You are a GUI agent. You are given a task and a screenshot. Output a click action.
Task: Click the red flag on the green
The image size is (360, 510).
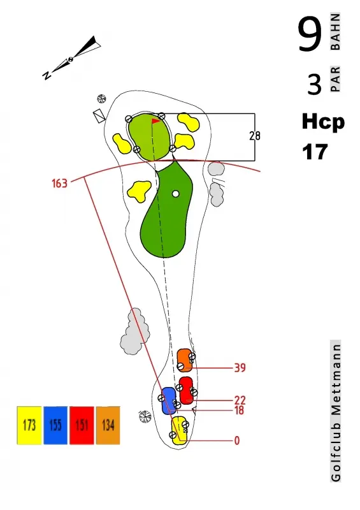click(x=155, y=121)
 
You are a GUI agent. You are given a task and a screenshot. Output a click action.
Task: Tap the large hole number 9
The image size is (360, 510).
click(x=310, y=35)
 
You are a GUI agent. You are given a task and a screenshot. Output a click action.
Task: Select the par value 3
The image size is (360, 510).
click(x=314, y=84)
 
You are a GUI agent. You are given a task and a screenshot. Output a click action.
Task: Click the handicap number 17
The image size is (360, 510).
click(x=315, y=152)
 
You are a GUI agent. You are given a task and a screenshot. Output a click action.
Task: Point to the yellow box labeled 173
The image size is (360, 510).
click(x=29, y=425)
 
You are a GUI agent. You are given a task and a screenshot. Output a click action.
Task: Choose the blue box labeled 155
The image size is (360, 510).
click(x=55, y=425)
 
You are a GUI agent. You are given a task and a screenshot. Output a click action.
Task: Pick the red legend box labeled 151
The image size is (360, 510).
click(x=82, y=425)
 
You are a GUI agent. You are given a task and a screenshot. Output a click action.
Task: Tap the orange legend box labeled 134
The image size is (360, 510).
click(x=108, y=425)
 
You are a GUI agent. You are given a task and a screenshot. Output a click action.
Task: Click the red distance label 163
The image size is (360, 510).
click(x=59, y=184)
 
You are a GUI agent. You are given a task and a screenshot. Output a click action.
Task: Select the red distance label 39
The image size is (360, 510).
click(x=240, y=368)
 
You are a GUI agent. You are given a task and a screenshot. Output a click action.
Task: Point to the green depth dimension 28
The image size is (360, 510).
click(x=255, y=136)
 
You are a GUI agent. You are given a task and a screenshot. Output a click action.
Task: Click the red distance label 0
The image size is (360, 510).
click(x=237, y=441)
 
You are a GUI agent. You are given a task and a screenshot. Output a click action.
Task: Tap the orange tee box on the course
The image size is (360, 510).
click(x=185, y=360)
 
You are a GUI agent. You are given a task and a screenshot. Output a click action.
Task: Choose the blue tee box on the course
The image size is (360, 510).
click(x=169, y=401)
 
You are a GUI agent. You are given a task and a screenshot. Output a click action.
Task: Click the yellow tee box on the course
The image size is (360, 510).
click(x=179, y=430)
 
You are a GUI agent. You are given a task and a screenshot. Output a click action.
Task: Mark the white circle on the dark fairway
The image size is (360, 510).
click(x=176, y=194)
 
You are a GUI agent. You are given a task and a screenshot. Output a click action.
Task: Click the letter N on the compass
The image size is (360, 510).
click(x=47, y=75)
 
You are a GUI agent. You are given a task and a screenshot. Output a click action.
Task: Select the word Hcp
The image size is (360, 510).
click(x=323, y=122)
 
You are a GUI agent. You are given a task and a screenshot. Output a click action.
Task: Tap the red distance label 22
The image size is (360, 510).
click(x=240, y=400)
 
